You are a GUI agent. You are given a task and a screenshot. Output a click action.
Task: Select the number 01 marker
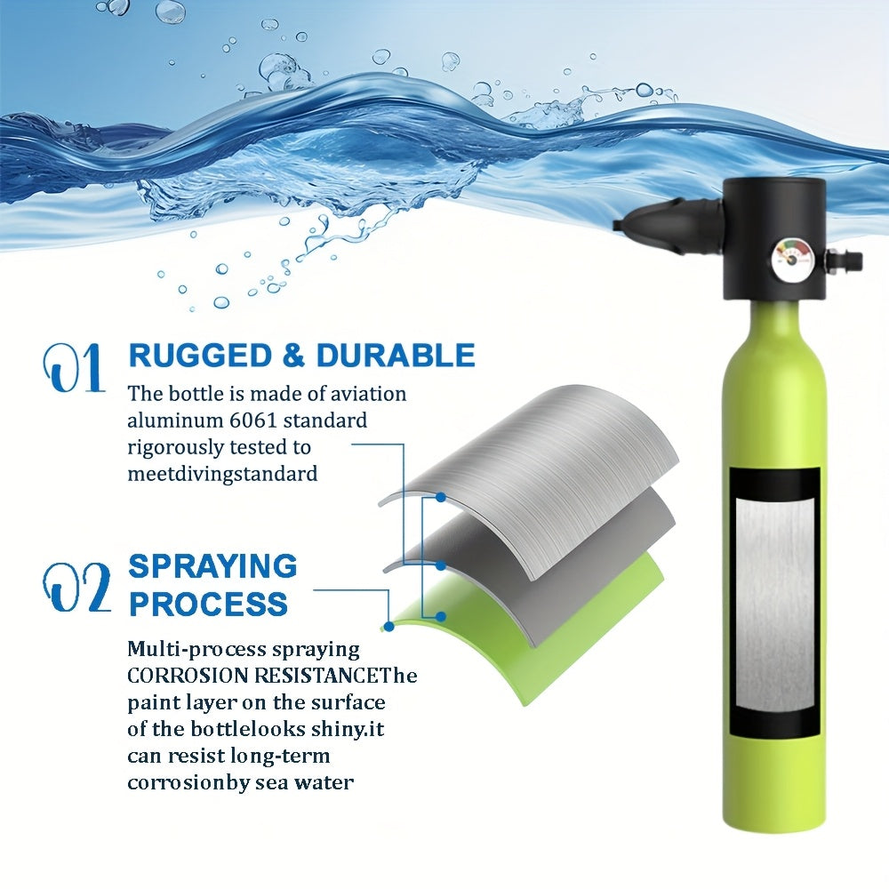(x=74, y=369)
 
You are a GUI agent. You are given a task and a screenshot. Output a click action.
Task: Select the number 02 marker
(x=76, y=587)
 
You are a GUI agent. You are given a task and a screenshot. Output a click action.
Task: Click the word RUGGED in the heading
(x=200, y=356)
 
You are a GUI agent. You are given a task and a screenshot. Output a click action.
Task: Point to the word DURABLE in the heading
(x=396, y=356)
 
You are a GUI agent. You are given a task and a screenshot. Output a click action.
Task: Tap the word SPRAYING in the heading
(x=212, y=565)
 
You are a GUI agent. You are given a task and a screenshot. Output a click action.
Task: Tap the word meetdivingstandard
(x=222, y=474)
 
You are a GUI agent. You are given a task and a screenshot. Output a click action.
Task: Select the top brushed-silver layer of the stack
(x=530, y=470)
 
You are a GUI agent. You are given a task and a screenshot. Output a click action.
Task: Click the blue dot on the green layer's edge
(x=389, y=627)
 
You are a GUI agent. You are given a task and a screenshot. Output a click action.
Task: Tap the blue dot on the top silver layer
(x=440, y=497)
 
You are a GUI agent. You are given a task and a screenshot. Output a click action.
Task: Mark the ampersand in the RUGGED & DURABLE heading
(x=293, y=356)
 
